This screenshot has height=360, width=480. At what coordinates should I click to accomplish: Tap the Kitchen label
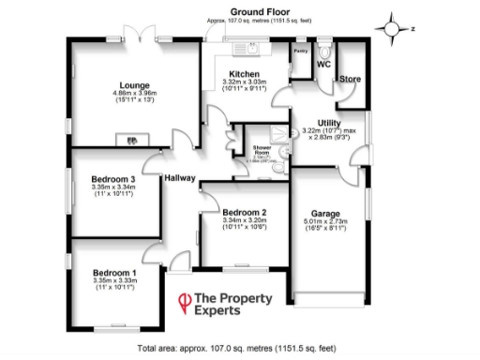[x=244, y=74]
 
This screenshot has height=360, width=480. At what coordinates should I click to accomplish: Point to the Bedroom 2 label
[x=245, y=212]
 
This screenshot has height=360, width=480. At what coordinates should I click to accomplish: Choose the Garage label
[x=325, y=214]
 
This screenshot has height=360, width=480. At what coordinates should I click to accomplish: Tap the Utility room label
[x=329, y=123]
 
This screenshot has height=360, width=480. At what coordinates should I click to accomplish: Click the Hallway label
[x=178, y=178]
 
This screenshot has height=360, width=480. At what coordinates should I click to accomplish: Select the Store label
[x=350, y=79]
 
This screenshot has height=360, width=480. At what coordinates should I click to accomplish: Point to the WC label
[x=323, y=65]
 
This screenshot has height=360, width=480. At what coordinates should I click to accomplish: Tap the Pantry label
[x=300, y=51]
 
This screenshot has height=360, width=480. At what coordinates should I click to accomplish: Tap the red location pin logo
[x=185, y=302]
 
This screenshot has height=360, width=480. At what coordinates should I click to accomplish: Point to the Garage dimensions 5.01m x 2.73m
[x=325, y=223]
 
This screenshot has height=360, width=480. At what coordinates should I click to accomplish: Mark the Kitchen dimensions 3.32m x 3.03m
[x=244, y=82]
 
